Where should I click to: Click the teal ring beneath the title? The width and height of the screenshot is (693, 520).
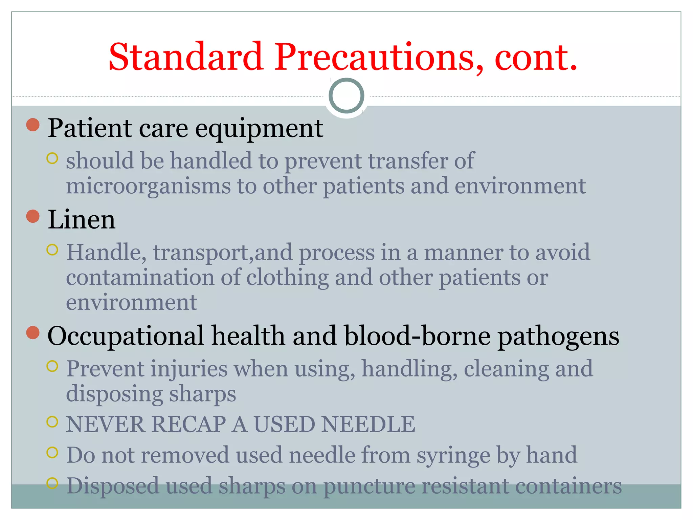(346, 96)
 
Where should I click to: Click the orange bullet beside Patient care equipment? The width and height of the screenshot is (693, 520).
(33, 125)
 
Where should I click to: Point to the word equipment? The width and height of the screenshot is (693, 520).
(259, 129)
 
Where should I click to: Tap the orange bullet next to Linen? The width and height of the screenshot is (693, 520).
(33, 216)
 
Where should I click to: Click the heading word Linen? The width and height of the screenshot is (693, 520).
(82, 220)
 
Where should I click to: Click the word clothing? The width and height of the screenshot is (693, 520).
(287, 278)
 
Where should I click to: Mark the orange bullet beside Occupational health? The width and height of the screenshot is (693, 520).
(33, 332)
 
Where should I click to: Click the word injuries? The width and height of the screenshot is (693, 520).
(189, 369)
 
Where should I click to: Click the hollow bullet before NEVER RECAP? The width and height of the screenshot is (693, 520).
(52, 422)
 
